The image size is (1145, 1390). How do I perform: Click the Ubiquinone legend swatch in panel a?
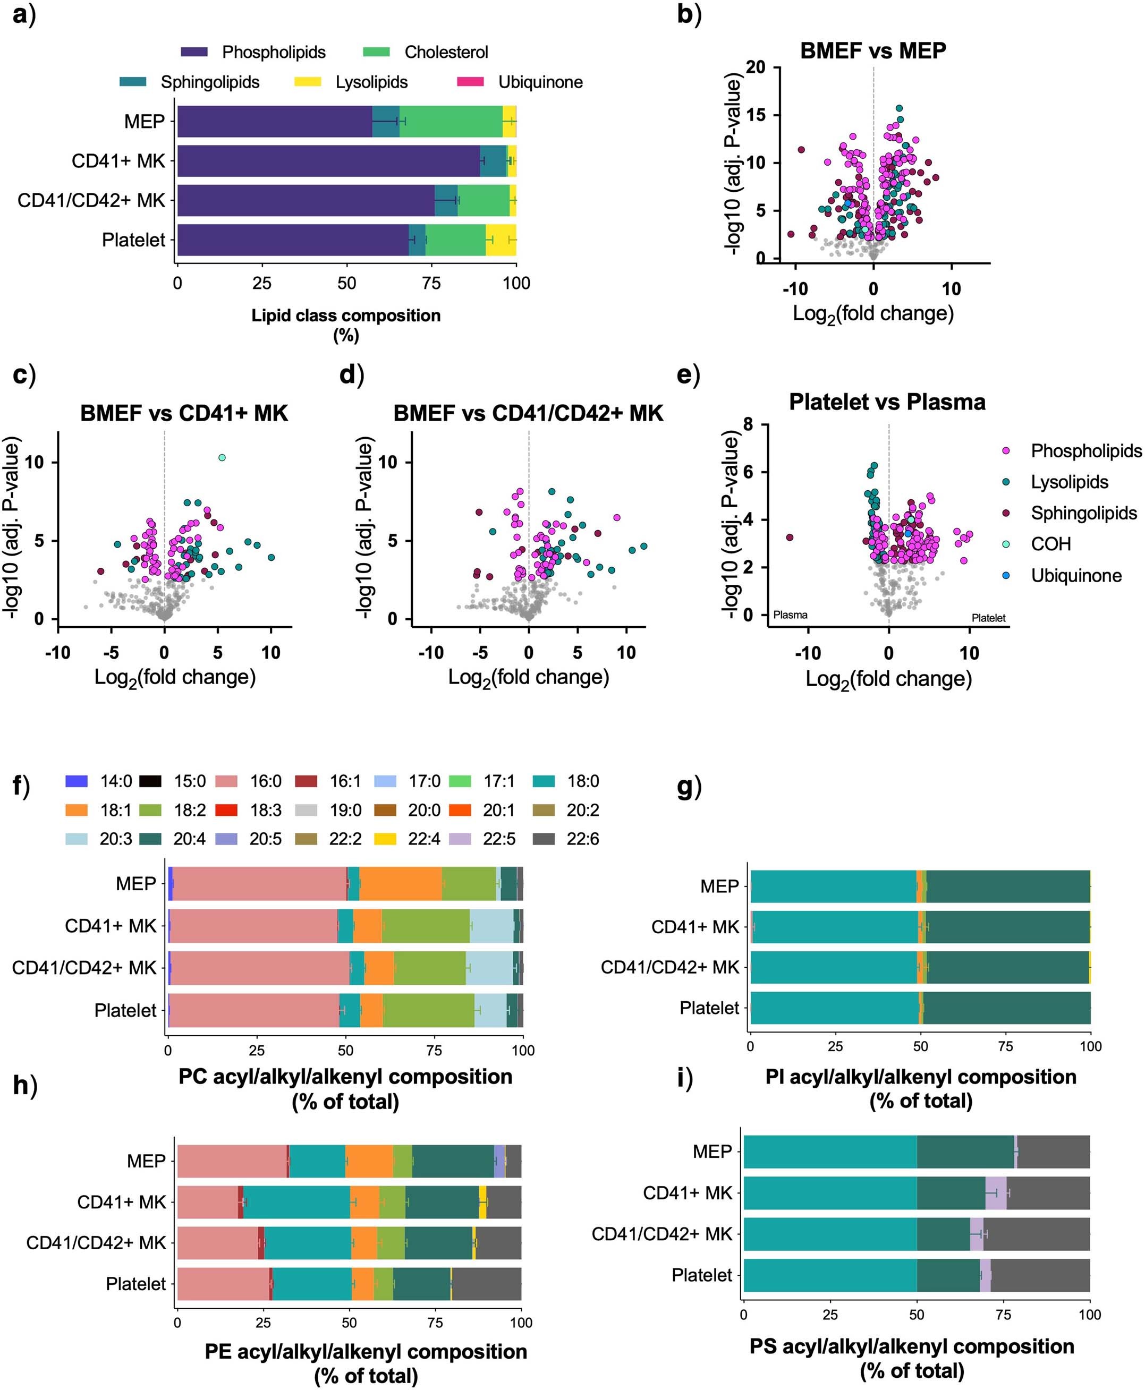tap(470, 82)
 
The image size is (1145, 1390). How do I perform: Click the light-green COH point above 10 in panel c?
tap(222, 458)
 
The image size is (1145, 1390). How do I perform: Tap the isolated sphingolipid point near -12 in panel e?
tap(790, 538)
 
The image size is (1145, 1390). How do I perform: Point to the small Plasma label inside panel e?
tap(790, 615)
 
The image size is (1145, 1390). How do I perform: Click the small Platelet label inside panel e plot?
tap(988, 618)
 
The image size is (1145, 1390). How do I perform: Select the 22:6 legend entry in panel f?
tap(582, 839)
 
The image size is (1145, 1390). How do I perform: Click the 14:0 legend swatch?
tap(77, 781)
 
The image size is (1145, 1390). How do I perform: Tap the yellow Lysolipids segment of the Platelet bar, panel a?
tap(501, 240)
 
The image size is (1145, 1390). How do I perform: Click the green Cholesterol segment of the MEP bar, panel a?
tap(451, 121)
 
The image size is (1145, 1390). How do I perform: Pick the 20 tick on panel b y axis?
tap(756, 67)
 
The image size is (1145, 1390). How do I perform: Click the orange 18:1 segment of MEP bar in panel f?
tap(401, 884)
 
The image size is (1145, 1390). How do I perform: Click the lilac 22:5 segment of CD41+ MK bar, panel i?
tap(996, 1193)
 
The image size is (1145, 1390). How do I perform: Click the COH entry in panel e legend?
tap(1050, 544)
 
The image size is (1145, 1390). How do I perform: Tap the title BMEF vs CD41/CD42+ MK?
tap(528, 413)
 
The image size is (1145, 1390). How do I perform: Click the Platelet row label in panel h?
tap(136, 1283)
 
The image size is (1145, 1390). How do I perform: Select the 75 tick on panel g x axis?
tap(1005, 1046)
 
